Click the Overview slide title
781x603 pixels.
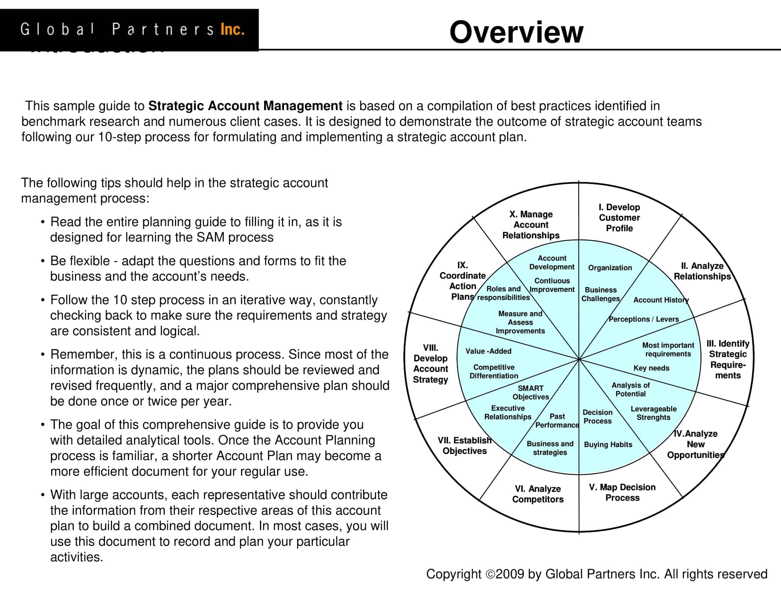(x=516, y=32)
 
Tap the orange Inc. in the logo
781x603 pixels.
(x=233, y=29)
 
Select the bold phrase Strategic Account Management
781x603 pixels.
(x=245, y=106)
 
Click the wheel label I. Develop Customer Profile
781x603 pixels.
(x=619, y=217)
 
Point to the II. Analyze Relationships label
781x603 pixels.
(x=702, y=271)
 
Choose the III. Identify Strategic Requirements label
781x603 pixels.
(x=728, y=359)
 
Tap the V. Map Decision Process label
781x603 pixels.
(x=622, y=492)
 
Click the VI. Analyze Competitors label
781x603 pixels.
(x=538, y=494)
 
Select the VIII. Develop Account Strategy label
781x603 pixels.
(x=431, y=363)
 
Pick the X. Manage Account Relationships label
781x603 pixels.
(x=531, y=225)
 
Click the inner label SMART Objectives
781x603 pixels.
(x=531, y=392)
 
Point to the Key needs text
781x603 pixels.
(x=651, y=368)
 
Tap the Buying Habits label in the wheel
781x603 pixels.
(x=608, y=444)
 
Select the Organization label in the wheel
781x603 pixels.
(x=610, y=267)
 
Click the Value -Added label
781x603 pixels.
(x=488, y=351)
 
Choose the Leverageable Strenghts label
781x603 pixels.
(x=653, y=413)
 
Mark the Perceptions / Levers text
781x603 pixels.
(x=644, y=319)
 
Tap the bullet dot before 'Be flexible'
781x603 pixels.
(x=43, y=261)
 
